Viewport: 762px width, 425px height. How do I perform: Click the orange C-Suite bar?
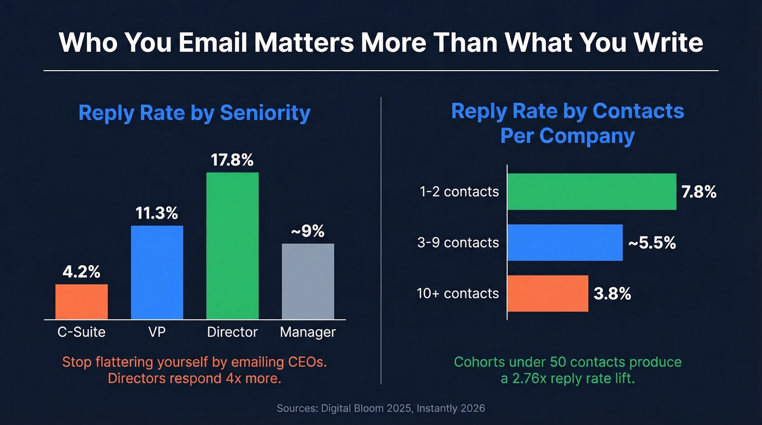click(82, 301)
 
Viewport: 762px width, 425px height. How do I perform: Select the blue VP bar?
click(157, 272)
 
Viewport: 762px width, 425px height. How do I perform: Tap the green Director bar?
click(232, 245)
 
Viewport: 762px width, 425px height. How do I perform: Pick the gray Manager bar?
click(308, 281)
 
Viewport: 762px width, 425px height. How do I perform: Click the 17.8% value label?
click(232, 160)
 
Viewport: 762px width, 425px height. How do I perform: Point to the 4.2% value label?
click(82, 272)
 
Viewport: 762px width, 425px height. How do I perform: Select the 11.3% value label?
click(157, 213)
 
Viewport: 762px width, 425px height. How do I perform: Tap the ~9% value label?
click(308, 231)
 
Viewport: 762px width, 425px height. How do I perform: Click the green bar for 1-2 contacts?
click(592, 192)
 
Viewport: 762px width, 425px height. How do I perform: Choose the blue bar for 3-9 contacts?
click(565, 243)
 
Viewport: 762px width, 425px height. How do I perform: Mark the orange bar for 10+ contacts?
click(548, 293)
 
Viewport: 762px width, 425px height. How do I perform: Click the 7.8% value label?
click(699, 192)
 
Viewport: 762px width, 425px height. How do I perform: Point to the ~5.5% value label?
click(652, 243)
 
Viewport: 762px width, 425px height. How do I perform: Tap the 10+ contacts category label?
click(458, 293)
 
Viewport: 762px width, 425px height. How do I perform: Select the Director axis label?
click(232, 332)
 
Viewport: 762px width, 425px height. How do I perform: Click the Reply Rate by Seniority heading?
click(194, 113)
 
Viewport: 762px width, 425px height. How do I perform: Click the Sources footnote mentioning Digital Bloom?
click(380, 408)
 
